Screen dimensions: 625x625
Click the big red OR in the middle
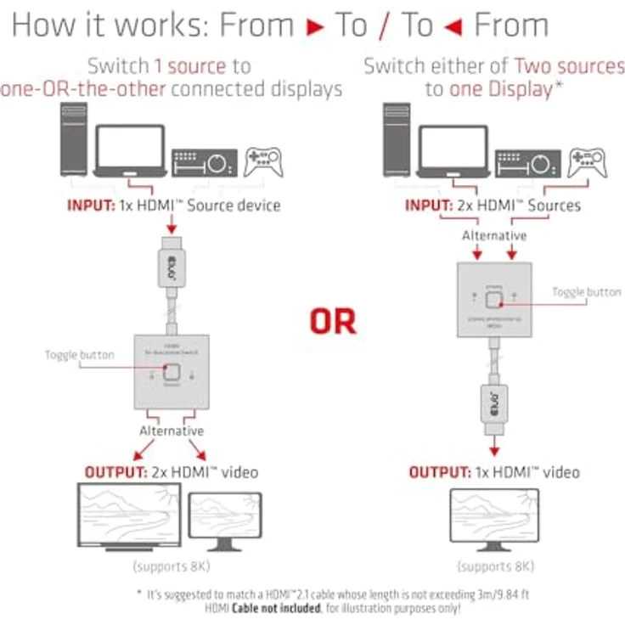coord(332,321)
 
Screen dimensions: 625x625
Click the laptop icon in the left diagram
coord(129,151)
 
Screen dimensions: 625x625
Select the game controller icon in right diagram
coord(587,161)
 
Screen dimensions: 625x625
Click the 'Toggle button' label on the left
coord(79,354)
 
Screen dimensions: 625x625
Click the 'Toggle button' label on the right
coord(587,292)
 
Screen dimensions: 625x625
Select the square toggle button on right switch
coord(494,298)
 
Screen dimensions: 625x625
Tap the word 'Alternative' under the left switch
coord(172,431)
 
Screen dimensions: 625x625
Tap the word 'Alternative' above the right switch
coord(494,235)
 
